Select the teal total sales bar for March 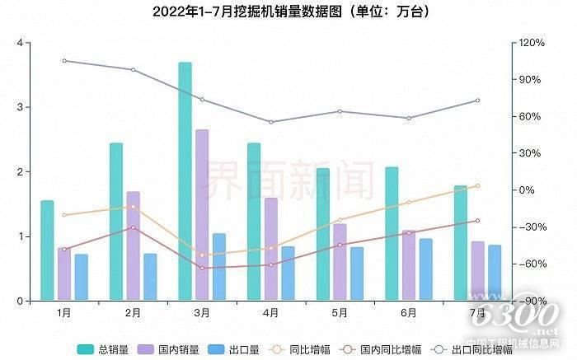(185, 181)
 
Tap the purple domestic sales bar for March (202, 215)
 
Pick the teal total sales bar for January (47, 250)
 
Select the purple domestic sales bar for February (133, 246)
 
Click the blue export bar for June (425, 269)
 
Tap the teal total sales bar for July (460, 243)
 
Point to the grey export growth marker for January (64, 60)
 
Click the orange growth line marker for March (202, 255)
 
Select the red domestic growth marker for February (133, 227)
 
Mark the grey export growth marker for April (270, 122)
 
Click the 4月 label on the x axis (270, 313)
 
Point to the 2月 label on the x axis (133, 313)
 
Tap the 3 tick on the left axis (18, 107)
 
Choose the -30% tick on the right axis (528, 227)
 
